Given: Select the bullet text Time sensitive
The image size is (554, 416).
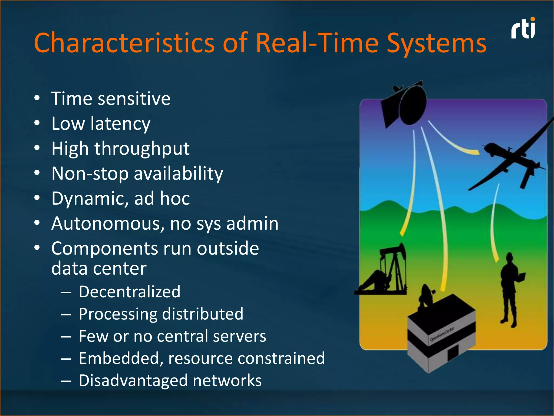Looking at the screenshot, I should click(x=111, y=99).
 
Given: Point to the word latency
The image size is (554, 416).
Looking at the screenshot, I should click(x=120, y=124).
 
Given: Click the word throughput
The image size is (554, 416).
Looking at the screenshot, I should click(x=142, y=149).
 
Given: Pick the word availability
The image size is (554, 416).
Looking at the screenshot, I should click(x=178, y=174).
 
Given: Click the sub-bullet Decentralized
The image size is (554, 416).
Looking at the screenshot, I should click(x=129, y=292).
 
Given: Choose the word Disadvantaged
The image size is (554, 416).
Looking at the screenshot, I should click(x=133, y=381).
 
